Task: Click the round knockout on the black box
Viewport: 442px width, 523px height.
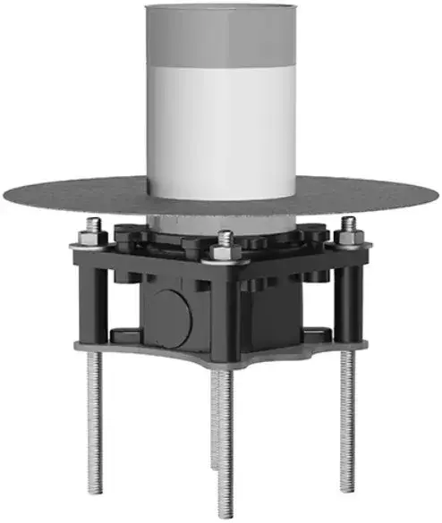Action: (166, 314)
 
